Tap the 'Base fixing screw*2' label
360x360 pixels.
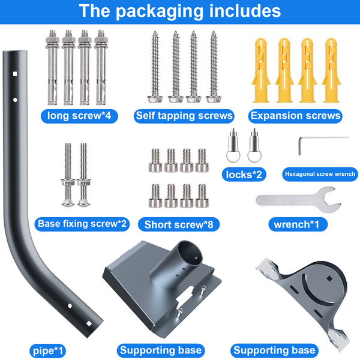click(83, 224)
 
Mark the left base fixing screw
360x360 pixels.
click(66, 171)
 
